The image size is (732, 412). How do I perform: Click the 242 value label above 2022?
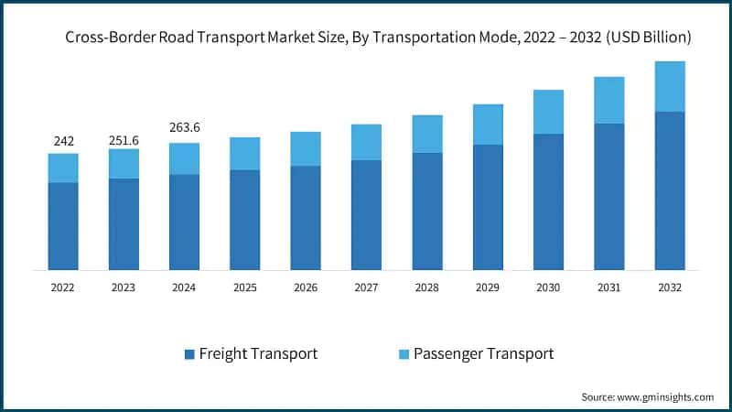tap(63, 141)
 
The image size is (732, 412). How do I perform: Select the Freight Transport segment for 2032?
tap(670, 190)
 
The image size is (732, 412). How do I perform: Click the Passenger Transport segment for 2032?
tap(670, 86)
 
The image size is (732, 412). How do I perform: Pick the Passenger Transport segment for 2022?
tap(63, 168)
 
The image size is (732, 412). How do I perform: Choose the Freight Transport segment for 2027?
tap(366, 215)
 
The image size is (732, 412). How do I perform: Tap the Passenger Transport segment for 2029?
tap(488, 124)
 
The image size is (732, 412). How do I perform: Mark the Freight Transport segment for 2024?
tap(184, 222)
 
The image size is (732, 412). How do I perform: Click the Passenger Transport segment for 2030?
tap(548, 112)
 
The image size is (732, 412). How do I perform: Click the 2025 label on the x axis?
tap(244, 287)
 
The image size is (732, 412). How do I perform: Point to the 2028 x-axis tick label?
tap(426, 287)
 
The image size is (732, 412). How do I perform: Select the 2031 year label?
tap(608, 287)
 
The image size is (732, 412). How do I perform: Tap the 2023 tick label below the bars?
tap(124, 287)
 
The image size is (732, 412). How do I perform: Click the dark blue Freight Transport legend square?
tap(188, 353)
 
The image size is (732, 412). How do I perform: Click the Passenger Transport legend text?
tap(483, 353)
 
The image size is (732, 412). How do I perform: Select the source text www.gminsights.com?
tap(666, 396)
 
